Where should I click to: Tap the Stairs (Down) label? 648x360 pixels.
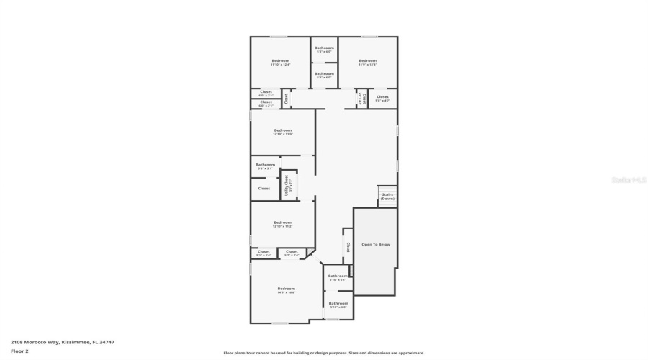387,196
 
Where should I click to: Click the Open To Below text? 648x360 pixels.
375,245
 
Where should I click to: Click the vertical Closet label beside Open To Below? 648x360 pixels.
348,246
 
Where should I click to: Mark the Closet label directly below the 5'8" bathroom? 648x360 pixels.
264,189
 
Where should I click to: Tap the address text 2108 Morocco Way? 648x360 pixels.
62,342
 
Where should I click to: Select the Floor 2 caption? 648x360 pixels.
19,351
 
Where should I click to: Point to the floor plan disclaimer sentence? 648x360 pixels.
323,353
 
